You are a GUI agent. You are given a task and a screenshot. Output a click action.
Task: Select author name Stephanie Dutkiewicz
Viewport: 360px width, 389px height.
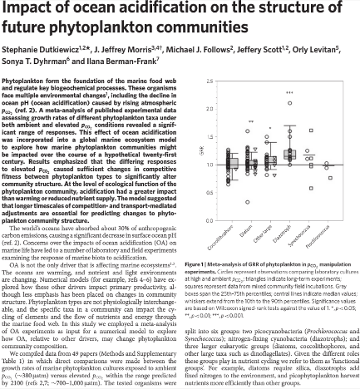(x=39, y=49)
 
